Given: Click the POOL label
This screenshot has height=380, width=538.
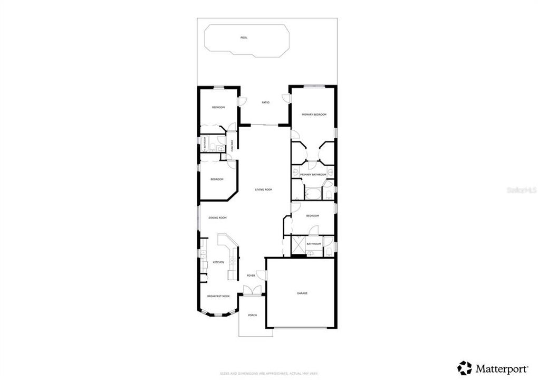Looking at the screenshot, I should tap(244, 37).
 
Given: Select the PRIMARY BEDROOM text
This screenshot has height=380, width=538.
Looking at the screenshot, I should tap(314, 115).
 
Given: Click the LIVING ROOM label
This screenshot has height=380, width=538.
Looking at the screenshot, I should tap(263, 189).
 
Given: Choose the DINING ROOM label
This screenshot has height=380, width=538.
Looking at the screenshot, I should tap(217, 217).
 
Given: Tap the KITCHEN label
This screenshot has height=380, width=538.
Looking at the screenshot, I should tap(218, 262).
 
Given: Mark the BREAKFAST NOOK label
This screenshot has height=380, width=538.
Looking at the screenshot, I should tap(218, 296).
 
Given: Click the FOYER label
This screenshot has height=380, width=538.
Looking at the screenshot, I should tap(251, 275).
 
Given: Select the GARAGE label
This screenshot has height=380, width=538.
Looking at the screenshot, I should tap(302, 293).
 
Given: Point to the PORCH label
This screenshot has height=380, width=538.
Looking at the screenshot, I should tap(253, 315).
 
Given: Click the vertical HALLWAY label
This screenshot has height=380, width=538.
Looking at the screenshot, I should tap(232, 146).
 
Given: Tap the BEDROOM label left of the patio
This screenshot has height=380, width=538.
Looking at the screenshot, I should tap(218, 108).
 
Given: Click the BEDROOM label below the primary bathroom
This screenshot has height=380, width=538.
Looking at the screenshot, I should tap(313, 215).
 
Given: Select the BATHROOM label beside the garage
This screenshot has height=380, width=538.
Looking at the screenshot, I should tap(314, 243).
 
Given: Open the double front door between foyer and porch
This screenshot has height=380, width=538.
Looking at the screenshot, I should tap(252, 290).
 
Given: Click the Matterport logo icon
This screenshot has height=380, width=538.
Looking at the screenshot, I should tap(465, 368).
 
